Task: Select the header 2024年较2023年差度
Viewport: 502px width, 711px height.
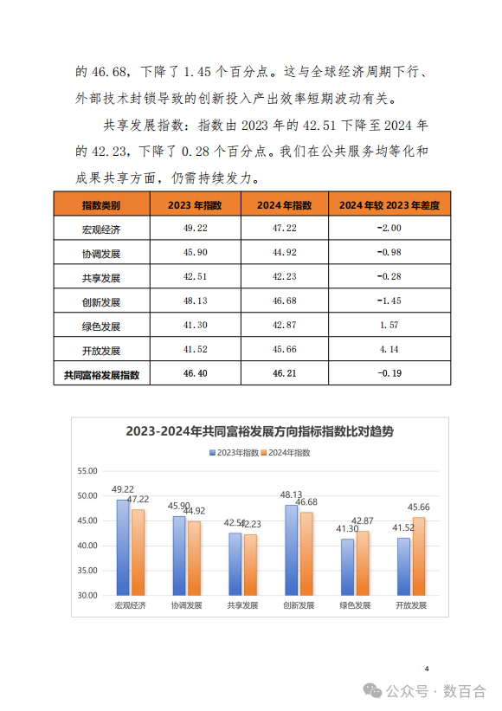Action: coord(389,205)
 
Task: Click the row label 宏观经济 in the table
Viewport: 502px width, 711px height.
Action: coord(101,229)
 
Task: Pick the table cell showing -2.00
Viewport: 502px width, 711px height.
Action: coord(389,229)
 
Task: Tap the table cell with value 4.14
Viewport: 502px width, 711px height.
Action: coord(389,351)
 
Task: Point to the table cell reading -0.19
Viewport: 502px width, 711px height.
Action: coord(389,375)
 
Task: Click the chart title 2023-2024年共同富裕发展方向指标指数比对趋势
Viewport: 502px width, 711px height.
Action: coord(259,431)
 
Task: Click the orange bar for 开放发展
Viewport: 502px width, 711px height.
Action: coord(420,556)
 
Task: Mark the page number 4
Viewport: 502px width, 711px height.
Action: coord(428,669)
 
